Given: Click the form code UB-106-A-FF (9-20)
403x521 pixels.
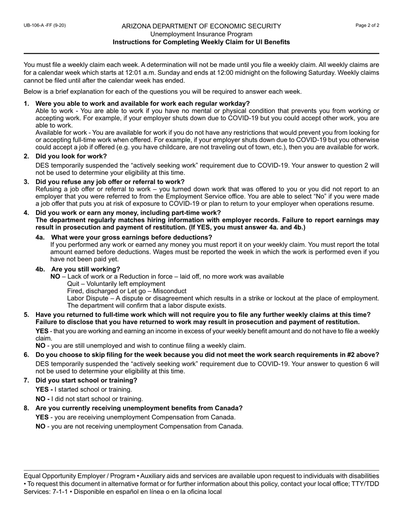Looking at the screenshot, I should tap(45, 25).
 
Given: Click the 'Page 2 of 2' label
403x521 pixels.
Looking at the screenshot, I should tap(367, 25).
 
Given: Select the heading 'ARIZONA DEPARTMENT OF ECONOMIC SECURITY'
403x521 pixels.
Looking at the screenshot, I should tap(201, 26).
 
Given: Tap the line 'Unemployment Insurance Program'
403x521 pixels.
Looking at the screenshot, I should tap(201, 34).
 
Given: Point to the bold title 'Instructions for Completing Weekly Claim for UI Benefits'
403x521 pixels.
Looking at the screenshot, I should tap(201, 42).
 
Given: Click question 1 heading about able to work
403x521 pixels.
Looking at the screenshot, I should tap(143, 103).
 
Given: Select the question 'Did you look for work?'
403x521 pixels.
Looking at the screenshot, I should tap(71, 156).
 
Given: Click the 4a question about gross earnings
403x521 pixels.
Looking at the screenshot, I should tap(132, 237).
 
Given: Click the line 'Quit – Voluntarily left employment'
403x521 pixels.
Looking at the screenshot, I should tap(116, 284).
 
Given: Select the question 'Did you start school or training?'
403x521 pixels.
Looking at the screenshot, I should tap(86, 380).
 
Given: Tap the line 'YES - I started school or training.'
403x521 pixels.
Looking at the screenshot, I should tap(84, 389).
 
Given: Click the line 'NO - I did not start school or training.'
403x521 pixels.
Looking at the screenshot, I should tap(89, 399).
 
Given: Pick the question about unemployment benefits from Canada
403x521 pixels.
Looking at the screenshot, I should tap(139, 408).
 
